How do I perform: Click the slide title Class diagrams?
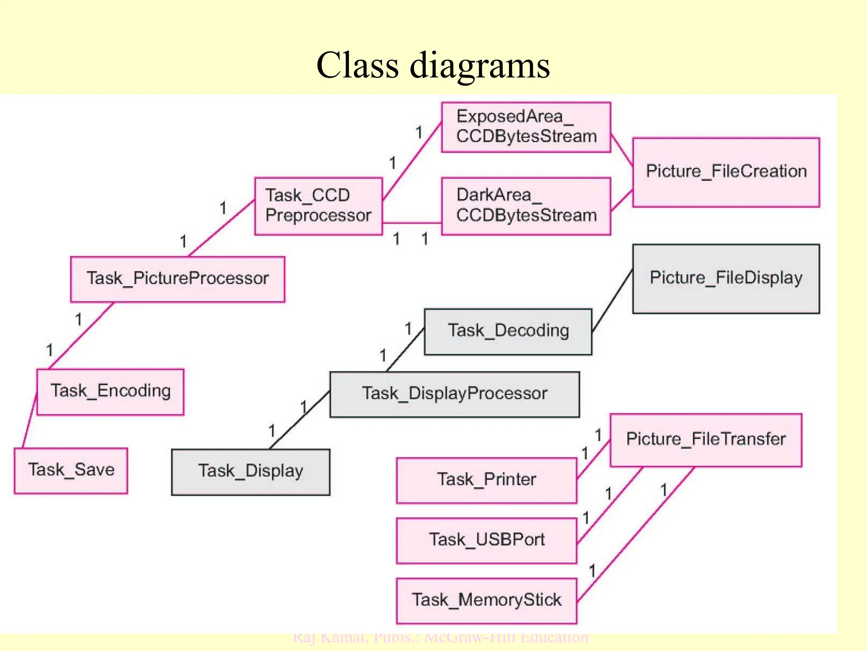tap(433, 66)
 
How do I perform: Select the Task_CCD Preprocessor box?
tap(318, 206)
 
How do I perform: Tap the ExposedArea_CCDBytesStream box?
tap(526, 127)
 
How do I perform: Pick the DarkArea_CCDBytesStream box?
tap(526, 206)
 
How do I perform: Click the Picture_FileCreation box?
tap(726, 172)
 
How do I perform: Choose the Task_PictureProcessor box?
tap(177, 279)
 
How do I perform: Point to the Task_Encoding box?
tap(110, 391)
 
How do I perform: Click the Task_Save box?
tap(71, 470)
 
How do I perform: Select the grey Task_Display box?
tap(250, 472)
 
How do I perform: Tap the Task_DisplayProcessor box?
tap(454, 394)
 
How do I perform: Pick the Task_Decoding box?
tap(508, 331)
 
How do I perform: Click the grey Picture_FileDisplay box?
tap(726, 278)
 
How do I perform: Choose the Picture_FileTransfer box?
tap(705, 440)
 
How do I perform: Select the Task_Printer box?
tap(486, 480)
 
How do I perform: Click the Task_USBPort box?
tap(486, 540)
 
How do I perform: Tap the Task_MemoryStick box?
tap(486, 601)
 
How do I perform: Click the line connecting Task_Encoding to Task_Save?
tap(30, 421)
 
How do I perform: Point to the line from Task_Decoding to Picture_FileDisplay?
tap(612, 300)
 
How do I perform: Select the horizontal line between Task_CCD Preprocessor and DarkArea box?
tap(411, 223)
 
